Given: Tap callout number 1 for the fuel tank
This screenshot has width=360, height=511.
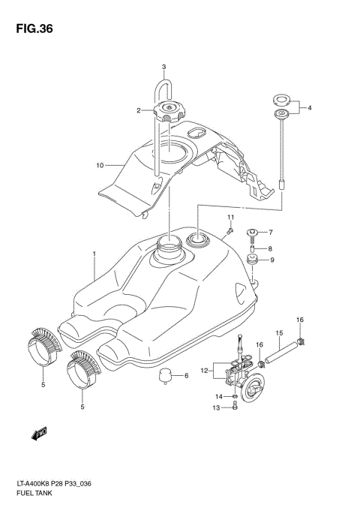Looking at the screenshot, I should tap(94, 255).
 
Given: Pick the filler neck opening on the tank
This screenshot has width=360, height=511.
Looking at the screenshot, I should tap(169, 244).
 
